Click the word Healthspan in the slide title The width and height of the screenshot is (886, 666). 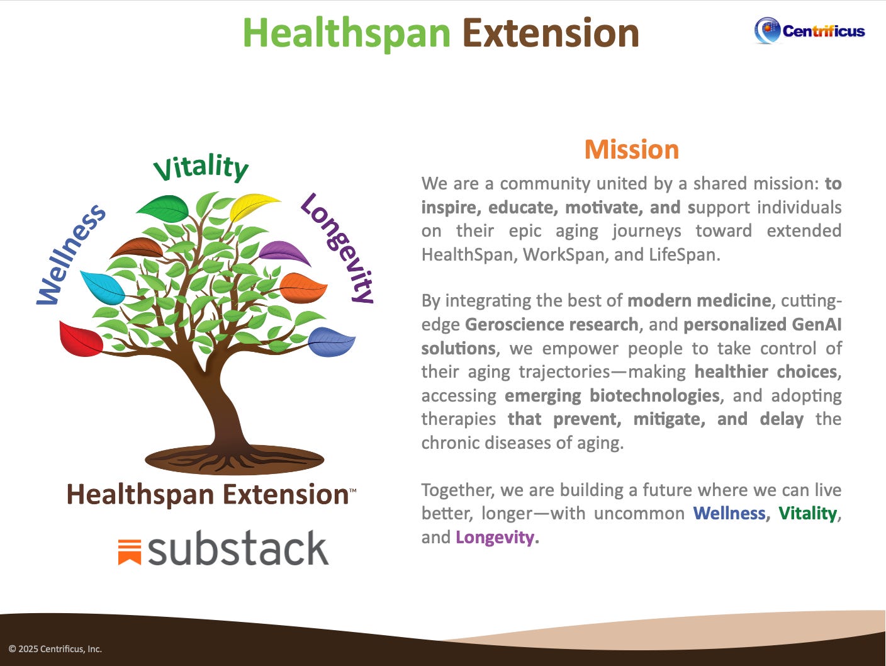coord(346,33)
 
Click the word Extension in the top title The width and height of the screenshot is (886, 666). coord(551,33)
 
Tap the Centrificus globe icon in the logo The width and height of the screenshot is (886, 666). coord(767,30)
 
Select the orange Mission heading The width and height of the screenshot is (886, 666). coord(631,150)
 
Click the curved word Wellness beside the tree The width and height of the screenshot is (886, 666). coord(69,256)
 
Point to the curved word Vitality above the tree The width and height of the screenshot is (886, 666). coord(201,167)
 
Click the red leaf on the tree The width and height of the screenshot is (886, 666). coord(81,339)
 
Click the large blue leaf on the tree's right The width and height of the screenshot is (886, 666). coord(332,341)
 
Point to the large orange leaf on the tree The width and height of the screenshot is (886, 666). coord(303,287)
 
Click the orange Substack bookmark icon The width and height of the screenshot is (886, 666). coord(129,551)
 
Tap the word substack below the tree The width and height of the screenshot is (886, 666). coord(238,549)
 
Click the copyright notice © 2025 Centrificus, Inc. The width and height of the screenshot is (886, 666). coord(55,649)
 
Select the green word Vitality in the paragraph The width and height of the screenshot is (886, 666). coord(807,514)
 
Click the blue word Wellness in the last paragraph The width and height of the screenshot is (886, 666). coord(729,514)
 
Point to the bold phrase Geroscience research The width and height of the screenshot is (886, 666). coord(551,325)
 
